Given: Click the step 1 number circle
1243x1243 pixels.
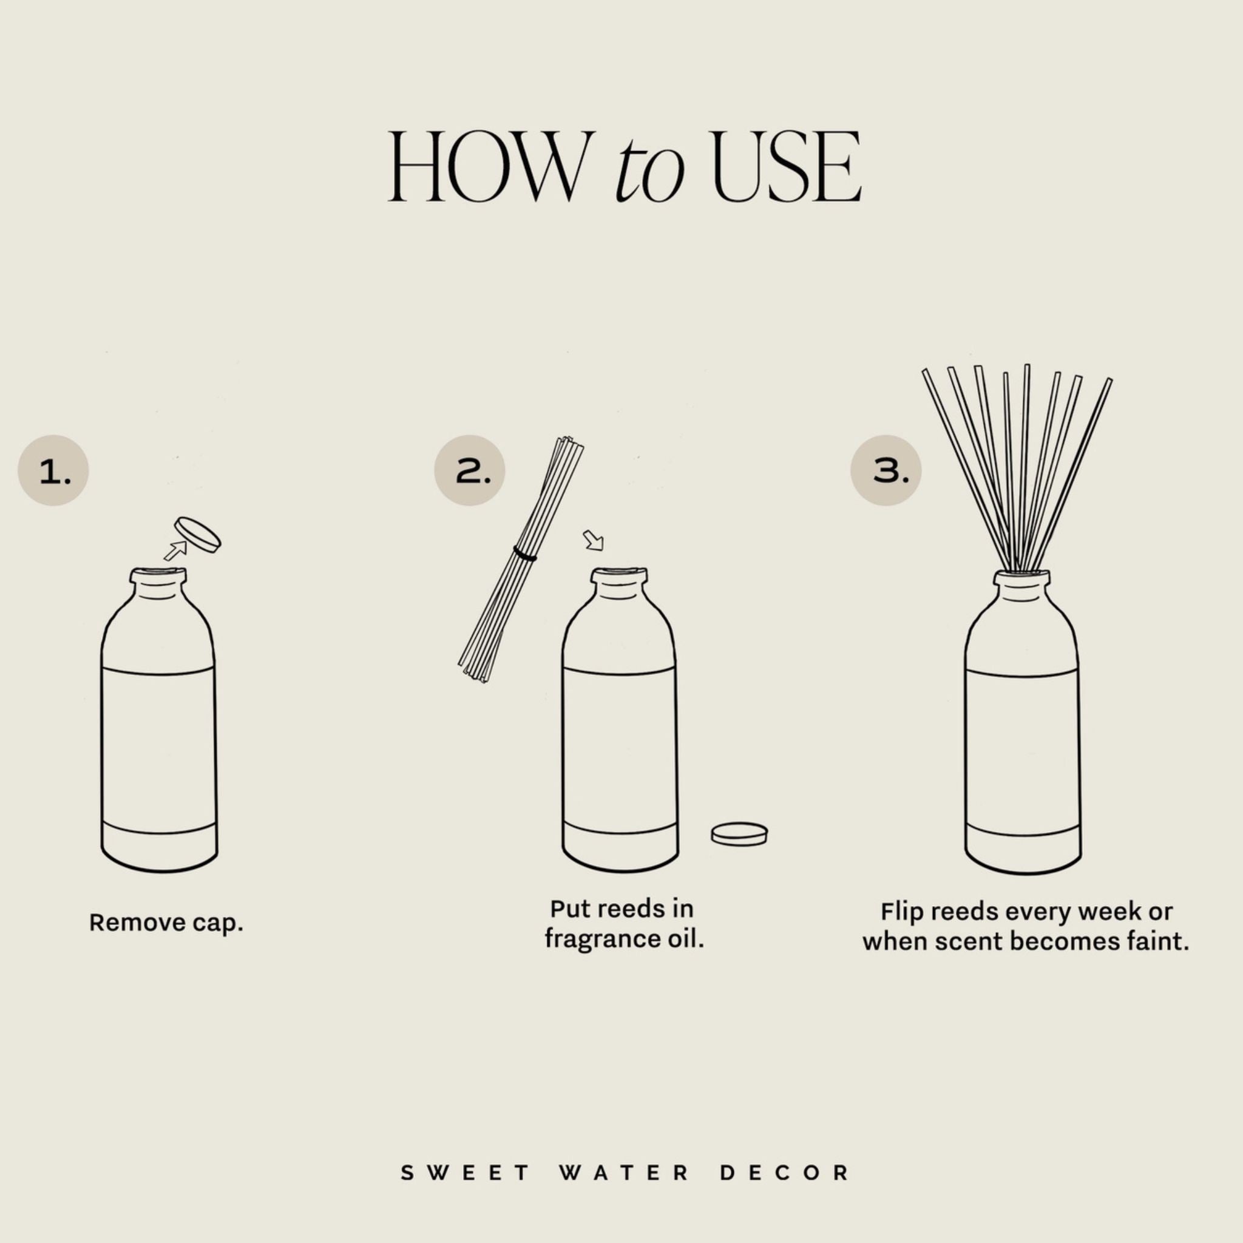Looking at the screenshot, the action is [x=53, y=471].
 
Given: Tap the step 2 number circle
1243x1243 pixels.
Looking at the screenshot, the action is [x=470, y=471].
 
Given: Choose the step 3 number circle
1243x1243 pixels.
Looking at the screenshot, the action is [x=886, y=471].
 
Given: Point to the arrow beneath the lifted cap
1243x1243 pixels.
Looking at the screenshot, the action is [x=175, y=550].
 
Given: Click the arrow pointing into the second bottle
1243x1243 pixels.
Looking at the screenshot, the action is [x=593, y=540].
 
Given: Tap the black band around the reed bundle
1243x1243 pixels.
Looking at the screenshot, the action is [x=525, y=554].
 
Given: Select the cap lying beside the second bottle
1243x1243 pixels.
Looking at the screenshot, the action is [x=739, y=834].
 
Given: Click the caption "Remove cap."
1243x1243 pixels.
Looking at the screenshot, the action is [x=166, y=923].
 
